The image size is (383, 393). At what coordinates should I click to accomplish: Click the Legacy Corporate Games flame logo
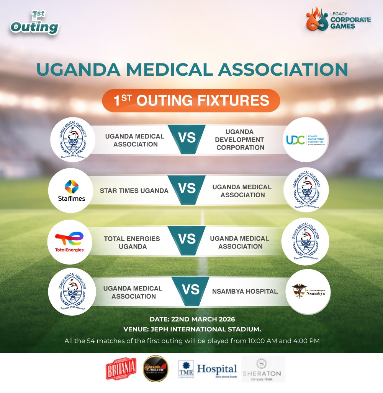(x=318, y=19)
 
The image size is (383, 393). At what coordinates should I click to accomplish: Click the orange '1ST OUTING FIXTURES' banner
(x=191, y=101)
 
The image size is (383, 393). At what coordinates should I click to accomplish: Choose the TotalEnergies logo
(x=69, y=242)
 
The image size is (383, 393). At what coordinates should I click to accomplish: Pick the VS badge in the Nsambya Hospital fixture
(x=190, y=290)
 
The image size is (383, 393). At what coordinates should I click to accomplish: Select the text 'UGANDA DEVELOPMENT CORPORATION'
(x=240, y=140)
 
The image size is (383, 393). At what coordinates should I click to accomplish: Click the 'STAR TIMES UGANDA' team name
(x=134, y=190)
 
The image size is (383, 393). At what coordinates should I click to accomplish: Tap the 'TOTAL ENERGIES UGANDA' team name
(x=132, y=242)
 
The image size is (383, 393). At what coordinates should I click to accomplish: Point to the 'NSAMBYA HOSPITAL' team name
(x=245, y=291)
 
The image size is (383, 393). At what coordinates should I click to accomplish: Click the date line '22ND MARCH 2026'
(x=191, y=319)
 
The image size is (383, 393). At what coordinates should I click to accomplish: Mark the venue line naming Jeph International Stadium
(x=191, y=329)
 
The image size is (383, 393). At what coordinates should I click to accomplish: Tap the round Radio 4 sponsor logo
(x=156, y=369)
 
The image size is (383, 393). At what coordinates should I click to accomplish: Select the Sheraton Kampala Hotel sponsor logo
(x=263, y=369)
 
